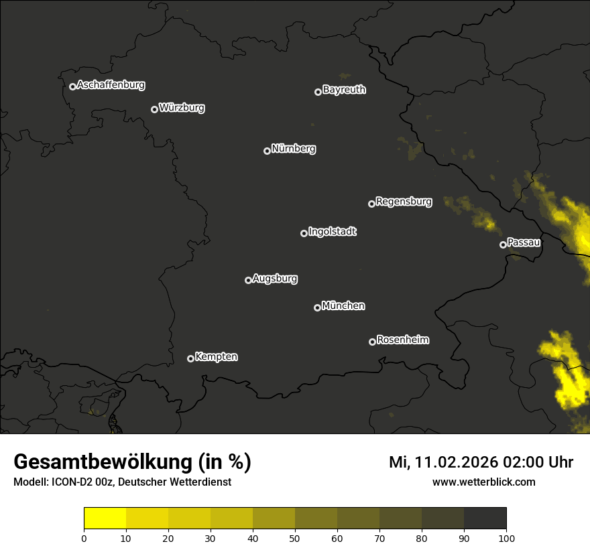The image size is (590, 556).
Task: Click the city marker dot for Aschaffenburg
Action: click(72, 86)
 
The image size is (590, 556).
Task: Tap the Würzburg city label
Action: click(182, 107)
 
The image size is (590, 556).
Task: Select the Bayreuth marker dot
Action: click(318, 92)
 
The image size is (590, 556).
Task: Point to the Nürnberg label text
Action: click(294, 149)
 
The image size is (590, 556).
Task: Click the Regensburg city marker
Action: click(371, 204)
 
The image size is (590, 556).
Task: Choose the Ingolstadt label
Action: click(333, 232)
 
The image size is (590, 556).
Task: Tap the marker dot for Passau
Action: click(503, 245)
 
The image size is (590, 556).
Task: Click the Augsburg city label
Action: click(275, 278)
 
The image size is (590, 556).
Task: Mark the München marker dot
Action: click(317, 307)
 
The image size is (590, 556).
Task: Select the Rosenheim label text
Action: click(403, 340)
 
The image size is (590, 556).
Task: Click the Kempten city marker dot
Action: click(190, 358)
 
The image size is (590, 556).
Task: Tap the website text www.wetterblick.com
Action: click(484, 482)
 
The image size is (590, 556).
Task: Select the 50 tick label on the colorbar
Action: click(295, 538)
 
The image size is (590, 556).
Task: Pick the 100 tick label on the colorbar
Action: click(506, 538)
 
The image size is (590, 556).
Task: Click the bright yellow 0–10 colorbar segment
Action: click(105, 518)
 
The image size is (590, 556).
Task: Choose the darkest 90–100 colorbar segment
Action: click(485, 518)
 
